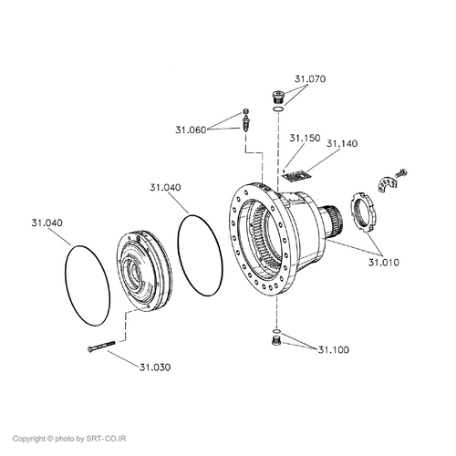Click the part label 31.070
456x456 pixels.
click(x=310, y=79)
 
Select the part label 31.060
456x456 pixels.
click(x=191, y=130)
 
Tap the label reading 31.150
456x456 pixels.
click(x=305, y=138)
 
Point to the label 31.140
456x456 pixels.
click(x=342, y=143)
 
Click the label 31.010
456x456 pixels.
click(x=384, y=262)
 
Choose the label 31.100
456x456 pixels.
click(x=334, y=350)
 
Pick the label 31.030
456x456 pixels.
click(x=155, y=368)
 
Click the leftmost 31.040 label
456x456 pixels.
click(x=47, y=223)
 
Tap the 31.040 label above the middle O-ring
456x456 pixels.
click(x=165, y=187)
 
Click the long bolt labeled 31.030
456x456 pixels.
click(x=101, y=347)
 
